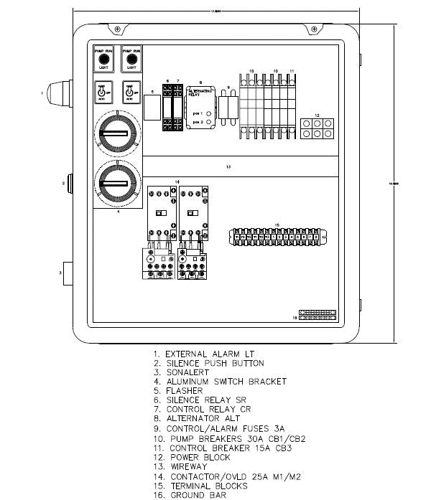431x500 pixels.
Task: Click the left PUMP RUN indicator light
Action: coord(102,62)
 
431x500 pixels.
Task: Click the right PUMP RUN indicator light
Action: coord(130,62)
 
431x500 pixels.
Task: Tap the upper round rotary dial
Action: coord(117,133)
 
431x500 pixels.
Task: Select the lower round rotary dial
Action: coord(117,183)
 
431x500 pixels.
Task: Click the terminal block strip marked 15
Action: coord(277,237)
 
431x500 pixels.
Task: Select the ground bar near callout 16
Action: coord(317,315)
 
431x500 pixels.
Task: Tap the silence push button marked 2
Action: coord(70,183)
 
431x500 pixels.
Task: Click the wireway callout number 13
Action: coord(228,167)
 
